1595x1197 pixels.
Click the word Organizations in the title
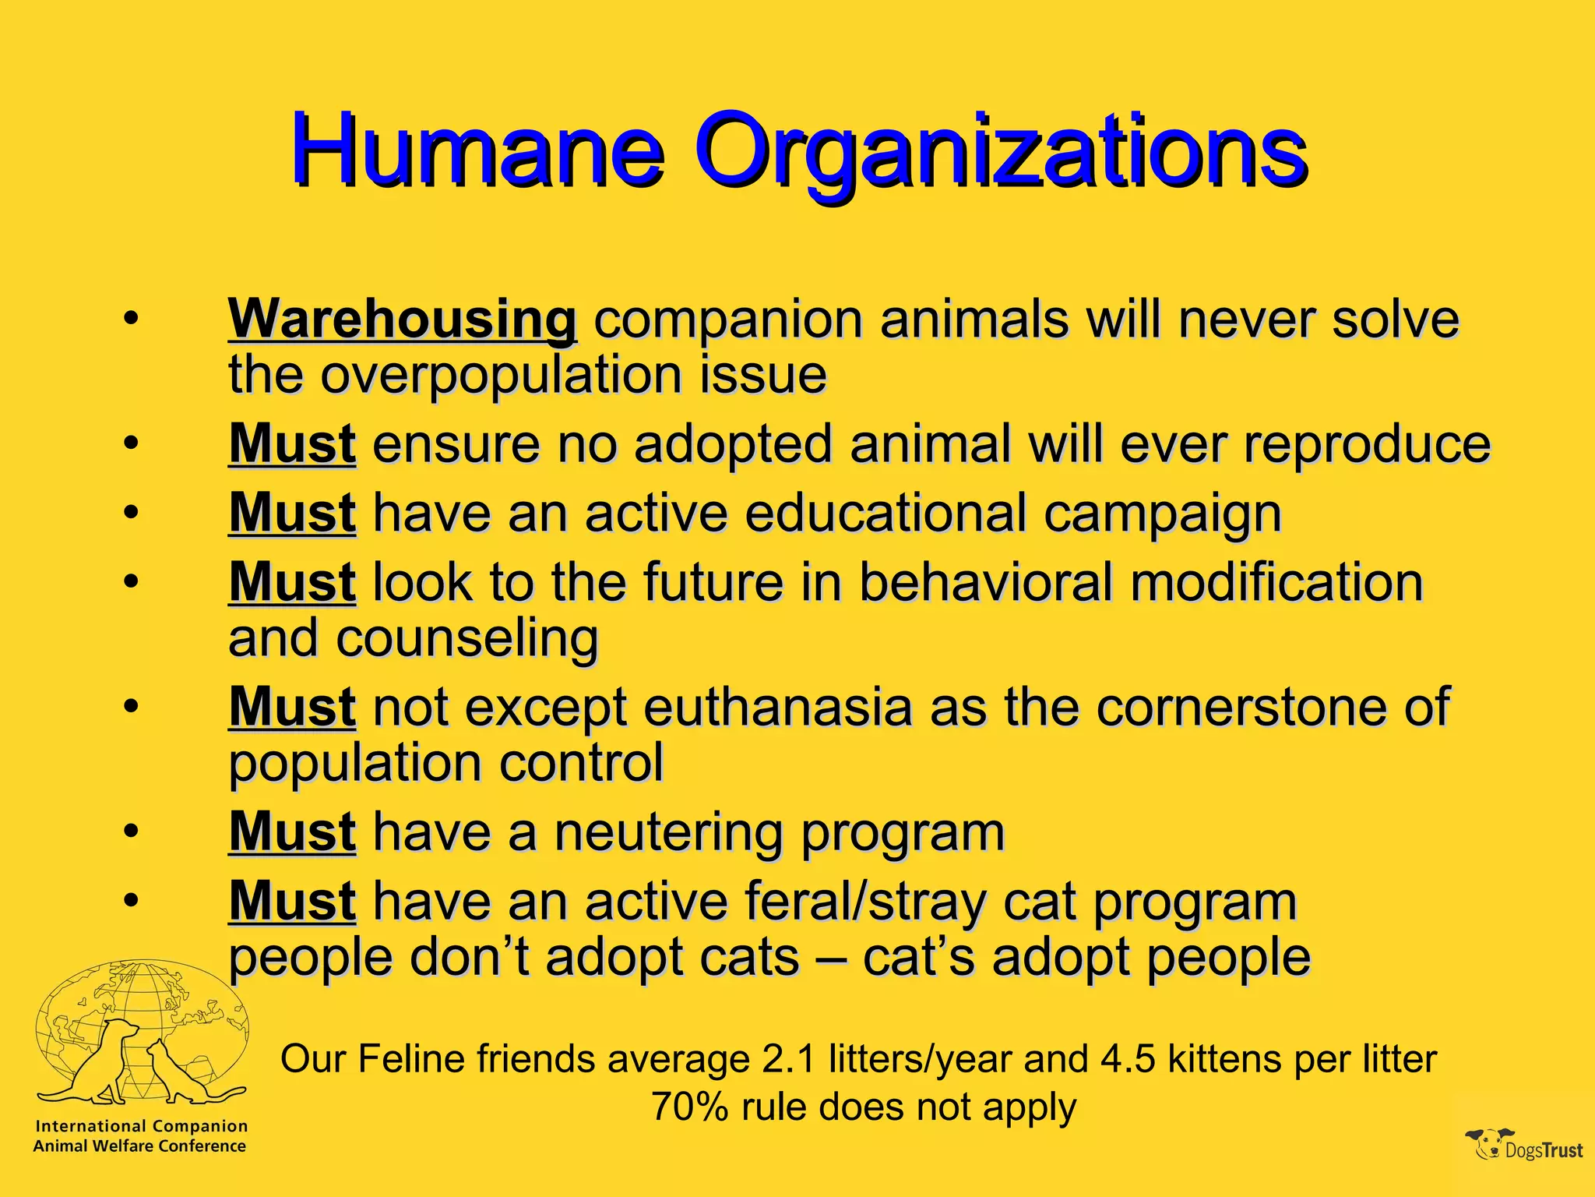coord(1000,152)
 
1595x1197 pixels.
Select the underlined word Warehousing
coord(402,320)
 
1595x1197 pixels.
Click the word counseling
coord(467,639)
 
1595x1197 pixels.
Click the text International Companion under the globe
coord(142,1126)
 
